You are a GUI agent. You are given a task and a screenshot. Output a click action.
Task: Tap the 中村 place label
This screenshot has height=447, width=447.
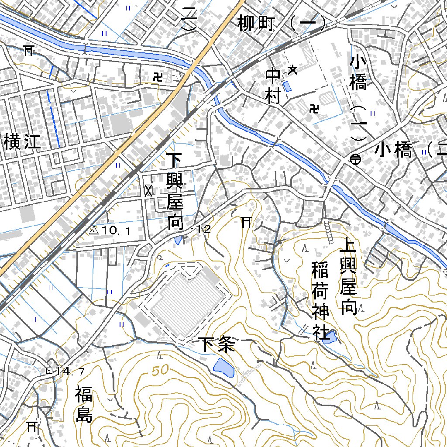(273, 86)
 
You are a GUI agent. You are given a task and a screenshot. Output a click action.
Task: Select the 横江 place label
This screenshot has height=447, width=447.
(22, 141)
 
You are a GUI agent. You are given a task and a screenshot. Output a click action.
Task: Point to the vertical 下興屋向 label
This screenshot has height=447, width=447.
(175, 191)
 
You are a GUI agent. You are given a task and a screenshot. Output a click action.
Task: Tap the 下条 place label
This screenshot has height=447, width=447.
(217, 344)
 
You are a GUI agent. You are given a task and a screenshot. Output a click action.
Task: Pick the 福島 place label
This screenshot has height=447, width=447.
(83, 404)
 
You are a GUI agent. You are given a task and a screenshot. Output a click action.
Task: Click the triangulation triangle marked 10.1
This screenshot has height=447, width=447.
(93, 230)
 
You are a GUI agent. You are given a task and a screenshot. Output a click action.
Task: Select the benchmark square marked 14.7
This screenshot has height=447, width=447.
(48, 371)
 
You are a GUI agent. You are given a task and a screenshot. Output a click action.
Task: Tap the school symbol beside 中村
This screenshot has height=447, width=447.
(293, 69)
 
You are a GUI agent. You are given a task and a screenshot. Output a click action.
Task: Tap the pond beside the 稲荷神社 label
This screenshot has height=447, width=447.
(330, 337)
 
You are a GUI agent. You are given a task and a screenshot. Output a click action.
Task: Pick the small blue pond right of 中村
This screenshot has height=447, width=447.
(287, 86)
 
